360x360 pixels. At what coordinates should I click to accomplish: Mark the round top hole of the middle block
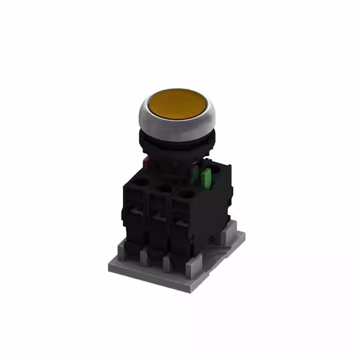[163, 188]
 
